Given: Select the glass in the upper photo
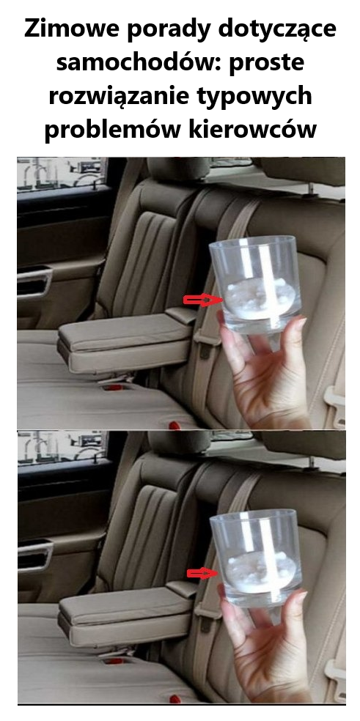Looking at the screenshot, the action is [x=254, y=285].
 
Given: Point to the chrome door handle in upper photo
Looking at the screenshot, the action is [x=34, y=281].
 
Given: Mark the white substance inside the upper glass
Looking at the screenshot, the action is [x=259, y=299].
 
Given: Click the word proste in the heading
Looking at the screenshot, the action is [x=267, y=64].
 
